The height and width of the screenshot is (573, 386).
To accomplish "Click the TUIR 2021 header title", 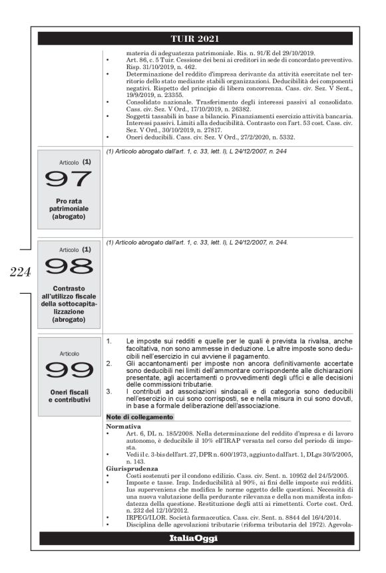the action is pyautogui.click(x=192, y=38).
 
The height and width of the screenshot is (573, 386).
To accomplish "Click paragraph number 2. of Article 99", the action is pyautogui.click(x=110, y=364).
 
